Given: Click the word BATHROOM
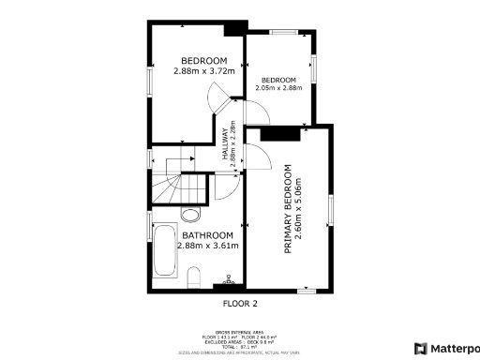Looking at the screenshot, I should coord(207,235).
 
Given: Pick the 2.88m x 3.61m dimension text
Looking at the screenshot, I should coord(207,246).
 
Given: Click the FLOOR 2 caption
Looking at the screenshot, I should coord(239,303).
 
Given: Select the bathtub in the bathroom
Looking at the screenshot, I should coord(165,250).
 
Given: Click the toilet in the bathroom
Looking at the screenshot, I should coord(193,276).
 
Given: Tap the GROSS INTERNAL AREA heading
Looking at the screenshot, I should coord(239,331).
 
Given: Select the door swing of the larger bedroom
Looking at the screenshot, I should coord(218,97).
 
